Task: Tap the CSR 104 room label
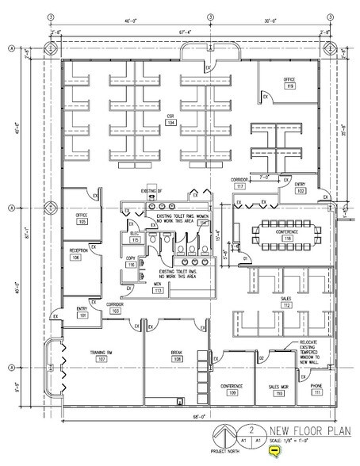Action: click(170, 120)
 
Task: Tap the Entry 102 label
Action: click(301, 188)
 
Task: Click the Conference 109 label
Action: click(233, 389)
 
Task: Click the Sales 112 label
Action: click(288, 303)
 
